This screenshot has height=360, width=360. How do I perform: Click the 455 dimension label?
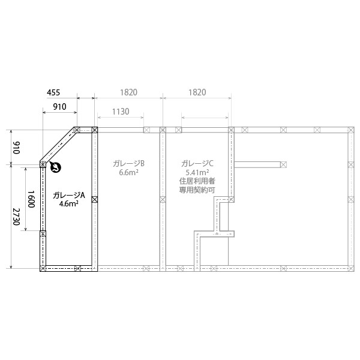53,92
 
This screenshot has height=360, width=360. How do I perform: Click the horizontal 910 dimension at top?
59,107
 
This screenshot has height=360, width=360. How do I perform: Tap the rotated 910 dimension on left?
17,148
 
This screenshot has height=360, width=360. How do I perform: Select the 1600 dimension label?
31,199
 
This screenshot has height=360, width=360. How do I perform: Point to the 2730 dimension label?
17,217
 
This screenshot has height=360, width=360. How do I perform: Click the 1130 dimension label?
121,112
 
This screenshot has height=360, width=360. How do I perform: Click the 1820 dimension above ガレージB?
128,92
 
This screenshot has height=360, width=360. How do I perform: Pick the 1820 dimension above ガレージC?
197,92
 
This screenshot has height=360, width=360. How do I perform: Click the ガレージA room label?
69,195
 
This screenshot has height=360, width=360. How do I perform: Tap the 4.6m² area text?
69,203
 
